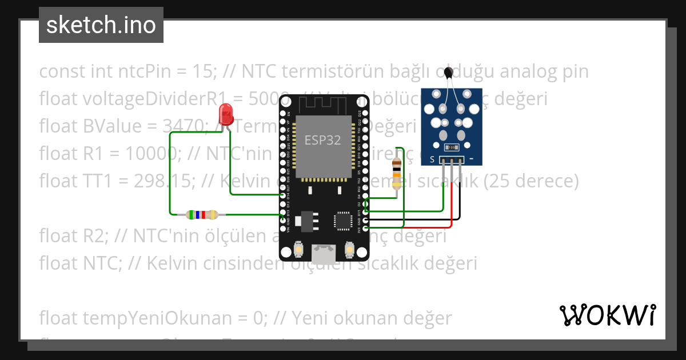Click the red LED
point(226,114)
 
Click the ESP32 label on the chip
point(323,141)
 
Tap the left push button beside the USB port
point(298,249)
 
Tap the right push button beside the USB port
point(349,249)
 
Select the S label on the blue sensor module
point(433,158)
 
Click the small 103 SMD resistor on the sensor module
point(451,146)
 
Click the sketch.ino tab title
point(101,25)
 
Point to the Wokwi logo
point(608,315)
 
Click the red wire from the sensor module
point(453,194)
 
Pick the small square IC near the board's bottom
point(344,221)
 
